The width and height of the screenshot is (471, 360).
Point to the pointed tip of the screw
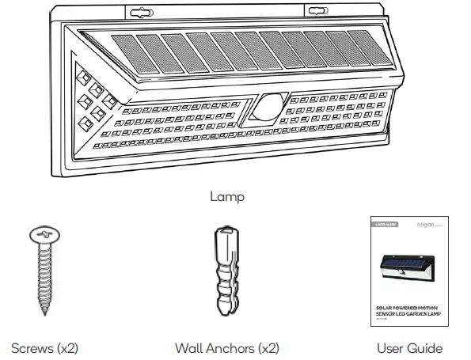coord(40,313)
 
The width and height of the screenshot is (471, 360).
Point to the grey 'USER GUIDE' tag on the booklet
coord(387,225)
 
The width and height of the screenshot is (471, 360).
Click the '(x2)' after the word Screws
coord(63,346)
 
